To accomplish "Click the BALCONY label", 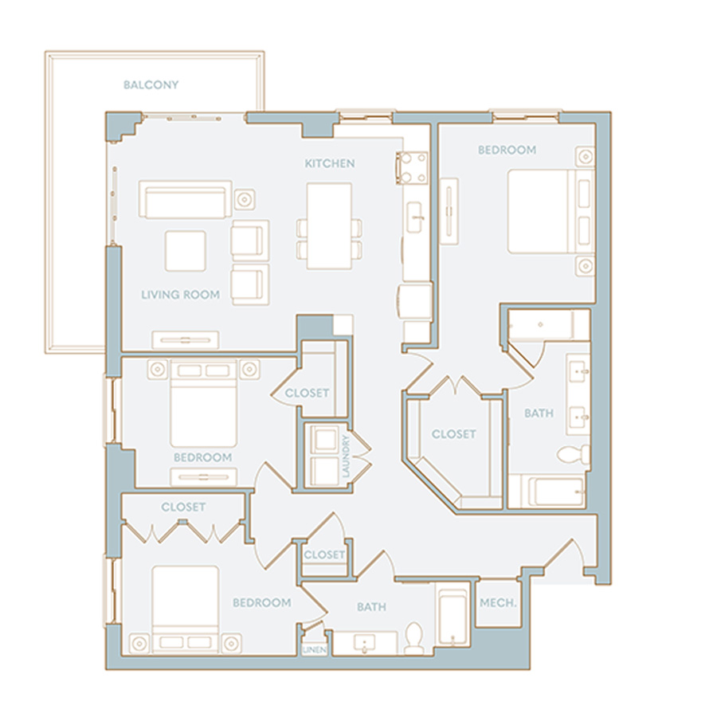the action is point(151,84).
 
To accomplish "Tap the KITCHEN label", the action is point(330,163).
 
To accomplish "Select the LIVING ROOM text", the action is point(180,295).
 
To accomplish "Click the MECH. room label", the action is point(498,603).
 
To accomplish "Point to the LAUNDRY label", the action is point(346,456).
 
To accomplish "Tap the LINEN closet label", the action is point(315,650).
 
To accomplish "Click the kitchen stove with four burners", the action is point(413,168).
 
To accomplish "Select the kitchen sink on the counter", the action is point(415,217).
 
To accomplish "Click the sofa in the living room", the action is point(185,199).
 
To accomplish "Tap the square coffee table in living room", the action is point(185,251).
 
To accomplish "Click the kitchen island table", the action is point(329,226).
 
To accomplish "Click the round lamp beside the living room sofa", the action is point(245,199).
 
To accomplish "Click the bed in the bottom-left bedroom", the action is point(185,609).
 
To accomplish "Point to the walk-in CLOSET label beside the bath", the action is point(453,434).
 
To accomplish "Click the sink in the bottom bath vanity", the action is point(364,644).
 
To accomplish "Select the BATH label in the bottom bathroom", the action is point(371,607).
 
